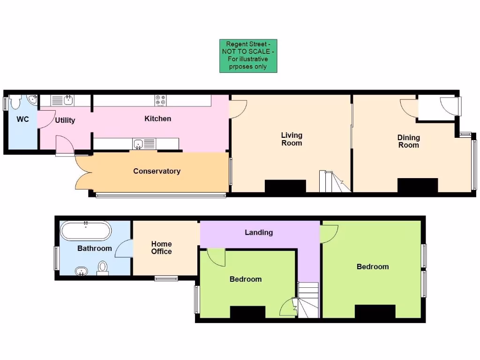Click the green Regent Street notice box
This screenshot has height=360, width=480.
[248, 56]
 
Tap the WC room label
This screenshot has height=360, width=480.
[22, 119]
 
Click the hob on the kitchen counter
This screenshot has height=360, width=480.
[160, 100]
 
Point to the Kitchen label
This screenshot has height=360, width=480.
[157, 119]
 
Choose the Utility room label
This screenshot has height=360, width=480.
[65, 120]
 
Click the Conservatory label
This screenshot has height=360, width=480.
[157, 171]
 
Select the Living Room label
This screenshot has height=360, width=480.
[292, 139]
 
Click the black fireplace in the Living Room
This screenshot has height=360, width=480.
[285, 186]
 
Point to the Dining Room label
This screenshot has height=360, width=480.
[408, 141]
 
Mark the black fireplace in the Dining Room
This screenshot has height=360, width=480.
[417, 185]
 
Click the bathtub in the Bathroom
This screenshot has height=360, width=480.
[86, 231]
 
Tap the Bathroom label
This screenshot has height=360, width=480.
[94, 248]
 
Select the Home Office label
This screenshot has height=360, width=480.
[161, 247]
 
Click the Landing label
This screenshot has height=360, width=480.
[259, 232]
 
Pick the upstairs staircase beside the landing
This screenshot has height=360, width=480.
[308, 300]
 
